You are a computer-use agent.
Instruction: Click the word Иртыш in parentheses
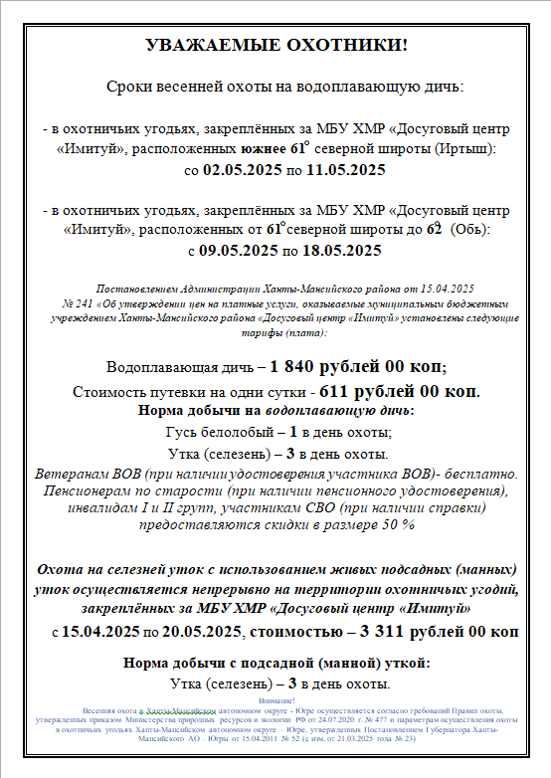point(463,148)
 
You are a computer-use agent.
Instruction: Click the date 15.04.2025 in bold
point(100,631)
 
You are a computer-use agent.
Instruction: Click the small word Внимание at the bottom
point(275,702)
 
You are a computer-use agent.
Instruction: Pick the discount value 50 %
point(396,524)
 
